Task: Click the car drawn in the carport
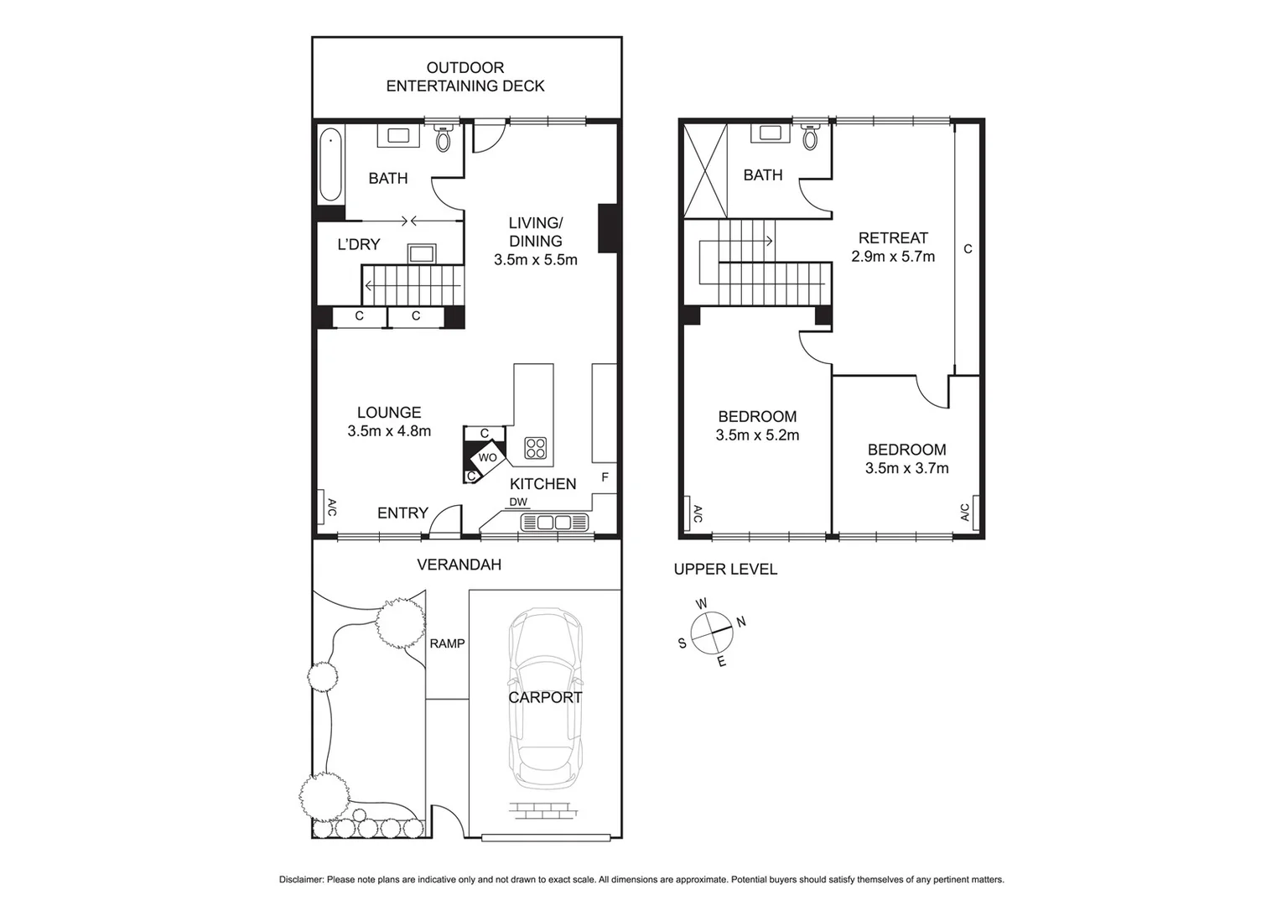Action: click(546, 698)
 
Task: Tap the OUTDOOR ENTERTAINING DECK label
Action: click(465, 76)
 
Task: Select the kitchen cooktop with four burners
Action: click(535, 448)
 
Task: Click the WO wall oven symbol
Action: click(488, 458)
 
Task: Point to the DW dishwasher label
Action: click(518, 502)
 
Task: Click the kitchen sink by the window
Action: click(554, 523)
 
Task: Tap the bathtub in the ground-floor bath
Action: click(330, 164)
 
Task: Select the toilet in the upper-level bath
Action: click(810, 137)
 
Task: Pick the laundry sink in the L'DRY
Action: click(421, 253)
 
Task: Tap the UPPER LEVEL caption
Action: click(725, 569)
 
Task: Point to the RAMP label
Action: click(447, 643)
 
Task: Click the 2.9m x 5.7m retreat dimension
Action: click(893, 257)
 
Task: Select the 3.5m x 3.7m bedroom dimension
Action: click(906, 468)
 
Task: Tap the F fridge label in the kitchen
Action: click(605, 477)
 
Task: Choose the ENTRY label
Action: click(402, 513)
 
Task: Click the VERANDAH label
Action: click(459, 565)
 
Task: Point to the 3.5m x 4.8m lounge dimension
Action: click(389, 431)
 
